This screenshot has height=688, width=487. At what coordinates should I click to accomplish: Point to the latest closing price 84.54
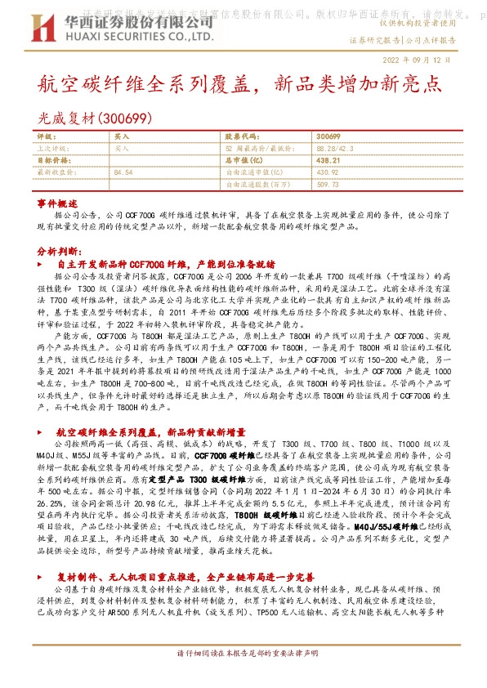(123, 173)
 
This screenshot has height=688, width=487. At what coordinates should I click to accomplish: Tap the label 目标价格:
(55, 161)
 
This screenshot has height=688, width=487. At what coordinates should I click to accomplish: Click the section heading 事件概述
(57, 202)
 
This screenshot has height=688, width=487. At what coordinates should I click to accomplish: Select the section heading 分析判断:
(58, 252)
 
